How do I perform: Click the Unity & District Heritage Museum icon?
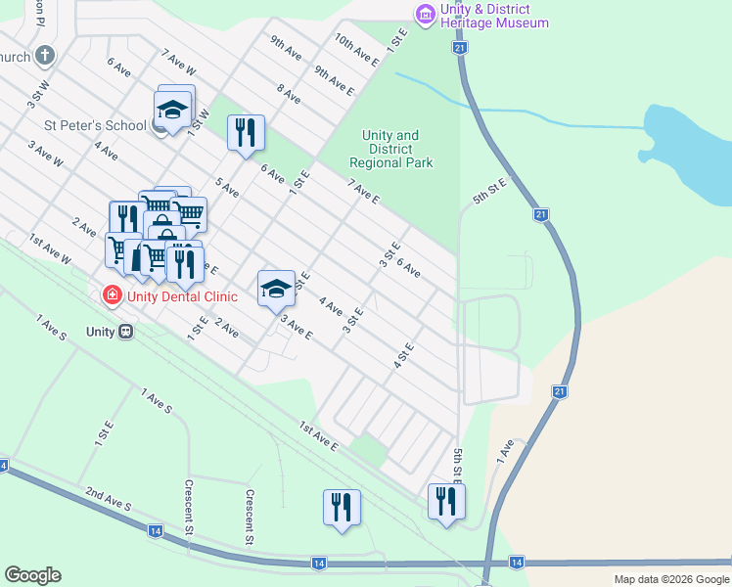pyautogui.click(x=425, y=14)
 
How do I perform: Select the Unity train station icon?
pyautogui.click(x=125, y=332)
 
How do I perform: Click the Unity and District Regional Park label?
pyautogui.click(x=390, y=150)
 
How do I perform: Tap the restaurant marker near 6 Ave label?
pyautogui.click(x=246, y=132)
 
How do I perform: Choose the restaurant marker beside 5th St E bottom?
pyautogui.click(x=446, y=501)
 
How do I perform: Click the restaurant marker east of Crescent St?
pyautogui.click(x=342, y=507)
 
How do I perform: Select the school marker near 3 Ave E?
pyautogui.click(x=277, y=288)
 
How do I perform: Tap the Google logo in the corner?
pyautogui.click(x=32, y=575)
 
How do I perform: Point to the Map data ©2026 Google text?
pyautogui.click(x=671, y=579)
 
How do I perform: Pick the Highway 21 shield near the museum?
pyautogui.click(x=458, y=47)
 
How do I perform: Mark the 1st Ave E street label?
pyautogui.click(x=319, y=436)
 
